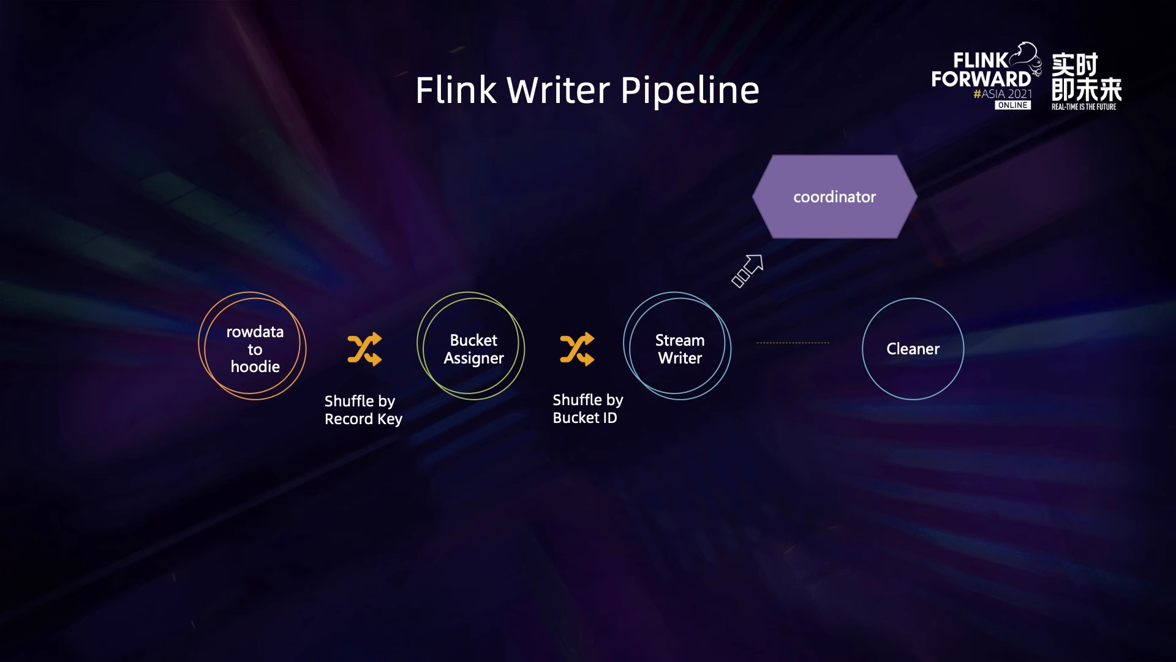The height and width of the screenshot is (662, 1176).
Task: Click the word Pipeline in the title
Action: (x=690, y=90)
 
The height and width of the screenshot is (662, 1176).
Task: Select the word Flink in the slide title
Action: (x=456, y=90)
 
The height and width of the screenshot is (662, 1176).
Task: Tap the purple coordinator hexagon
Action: (x=834, y=197)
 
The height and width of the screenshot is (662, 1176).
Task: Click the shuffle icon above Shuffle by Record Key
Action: (x=364, y=349)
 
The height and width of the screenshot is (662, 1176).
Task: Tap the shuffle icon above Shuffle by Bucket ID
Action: (x=577, y=349)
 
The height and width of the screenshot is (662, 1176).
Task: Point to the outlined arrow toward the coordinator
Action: (x=748, y=270)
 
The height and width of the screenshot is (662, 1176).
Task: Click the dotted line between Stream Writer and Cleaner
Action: (x=793, y=343)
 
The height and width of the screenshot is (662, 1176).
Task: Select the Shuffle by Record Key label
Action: (x=363, y=409)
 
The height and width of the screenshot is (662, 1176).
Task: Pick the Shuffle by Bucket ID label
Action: (x=587, y=408)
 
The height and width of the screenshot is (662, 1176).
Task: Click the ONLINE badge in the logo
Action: (x=1012, y=105)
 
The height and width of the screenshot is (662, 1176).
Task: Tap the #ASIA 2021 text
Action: (x=1003, y=94)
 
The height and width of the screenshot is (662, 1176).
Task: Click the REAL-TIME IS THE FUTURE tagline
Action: (x=1084, y=107)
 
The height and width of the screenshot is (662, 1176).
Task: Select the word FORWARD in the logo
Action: (x=981, y=79)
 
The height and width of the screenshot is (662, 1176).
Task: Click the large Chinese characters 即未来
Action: (x=1086, y=90)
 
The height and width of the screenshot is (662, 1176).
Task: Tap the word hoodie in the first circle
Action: (x=255, y=367)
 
